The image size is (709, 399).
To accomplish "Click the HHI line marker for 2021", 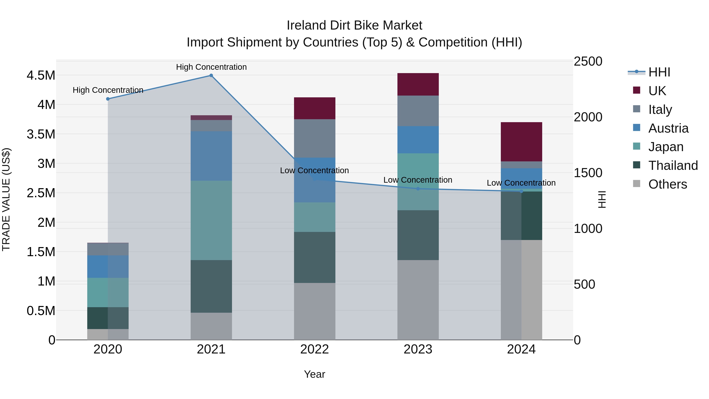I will pyautogui.click(x=211, y=75).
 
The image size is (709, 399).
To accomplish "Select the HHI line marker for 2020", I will pyautogui.click(x=108, y=99).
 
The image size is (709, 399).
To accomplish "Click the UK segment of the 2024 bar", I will pyautogui.click(x=521, y=142).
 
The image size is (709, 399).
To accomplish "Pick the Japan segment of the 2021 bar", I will pyautogui.click(x=211, y=220).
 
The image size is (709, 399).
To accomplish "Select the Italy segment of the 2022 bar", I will pyautogui.click(x=315, y=138).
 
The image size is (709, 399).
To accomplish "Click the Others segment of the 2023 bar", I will pyautogui.click(x=418, y=300).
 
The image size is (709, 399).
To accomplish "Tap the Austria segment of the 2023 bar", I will pyautogui.click(x=418, y=140).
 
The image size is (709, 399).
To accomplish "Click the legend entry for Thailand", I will pyautogui.click(x=673, y=166).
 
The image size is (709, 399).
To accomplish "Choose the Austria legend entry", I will pyautogui.click(x=668, y=128).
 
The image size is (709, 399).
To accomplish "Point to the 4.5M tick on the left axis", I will pyautogui.click(x=41, y=75).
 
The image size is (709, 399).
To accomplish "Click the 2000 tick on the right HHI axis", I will pyautogui.click(x=588, y=117).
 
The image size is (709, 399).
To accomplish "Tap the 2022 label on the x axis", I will pyautogui.click(x=315, y=349).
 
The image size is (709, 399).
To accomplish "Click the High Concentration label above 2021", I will pyautogui.click(x=211, y=67).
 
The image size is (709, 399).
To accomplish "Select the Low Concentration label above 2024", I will pyautogui.click(x=521, y=183).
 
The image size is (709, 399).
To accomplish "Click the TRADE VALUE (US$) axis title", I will pyautogui.click(x=6, y=199).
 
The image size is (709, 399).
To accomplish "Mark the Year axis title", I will pyautogui.click(x=315, y=374).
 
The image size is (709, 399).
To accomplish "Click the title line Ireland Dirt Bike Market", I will pyautogui.click(x=354, y=25).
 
